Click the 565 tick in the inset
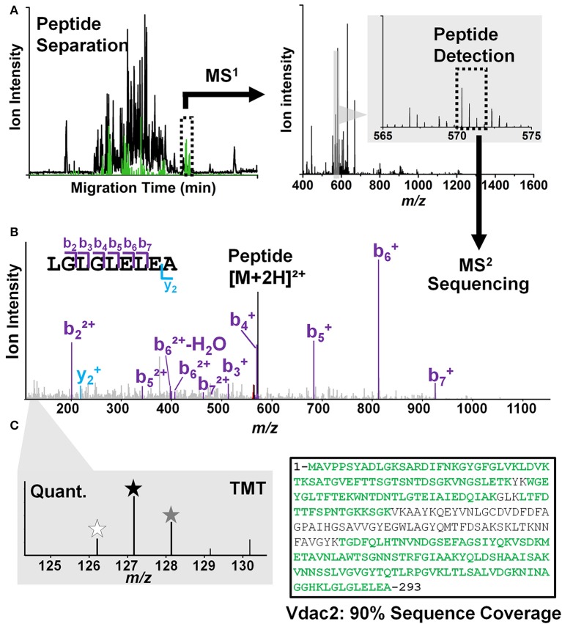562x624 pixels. (383, 136)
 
